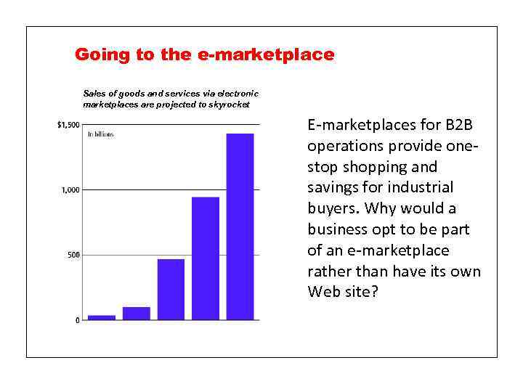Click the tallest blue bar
[x=240, y=226]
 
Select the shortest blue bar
[x=102, y=317]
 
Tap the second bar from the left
[x=136, y=313]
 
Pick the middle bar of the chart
[x=171, y=289]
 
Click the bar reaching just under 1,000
[x=206, y=258]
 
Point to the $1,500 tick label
[x=68, y=125]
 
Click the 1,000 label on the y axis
[x=70, y=190]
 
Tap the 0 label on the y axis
[x=78, y=320]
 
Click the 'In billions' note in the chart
[x=101, y=134]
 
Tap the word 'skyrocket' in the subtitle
[x=232, y=105]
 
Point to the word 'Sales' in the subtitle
[x=94, y=94]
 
